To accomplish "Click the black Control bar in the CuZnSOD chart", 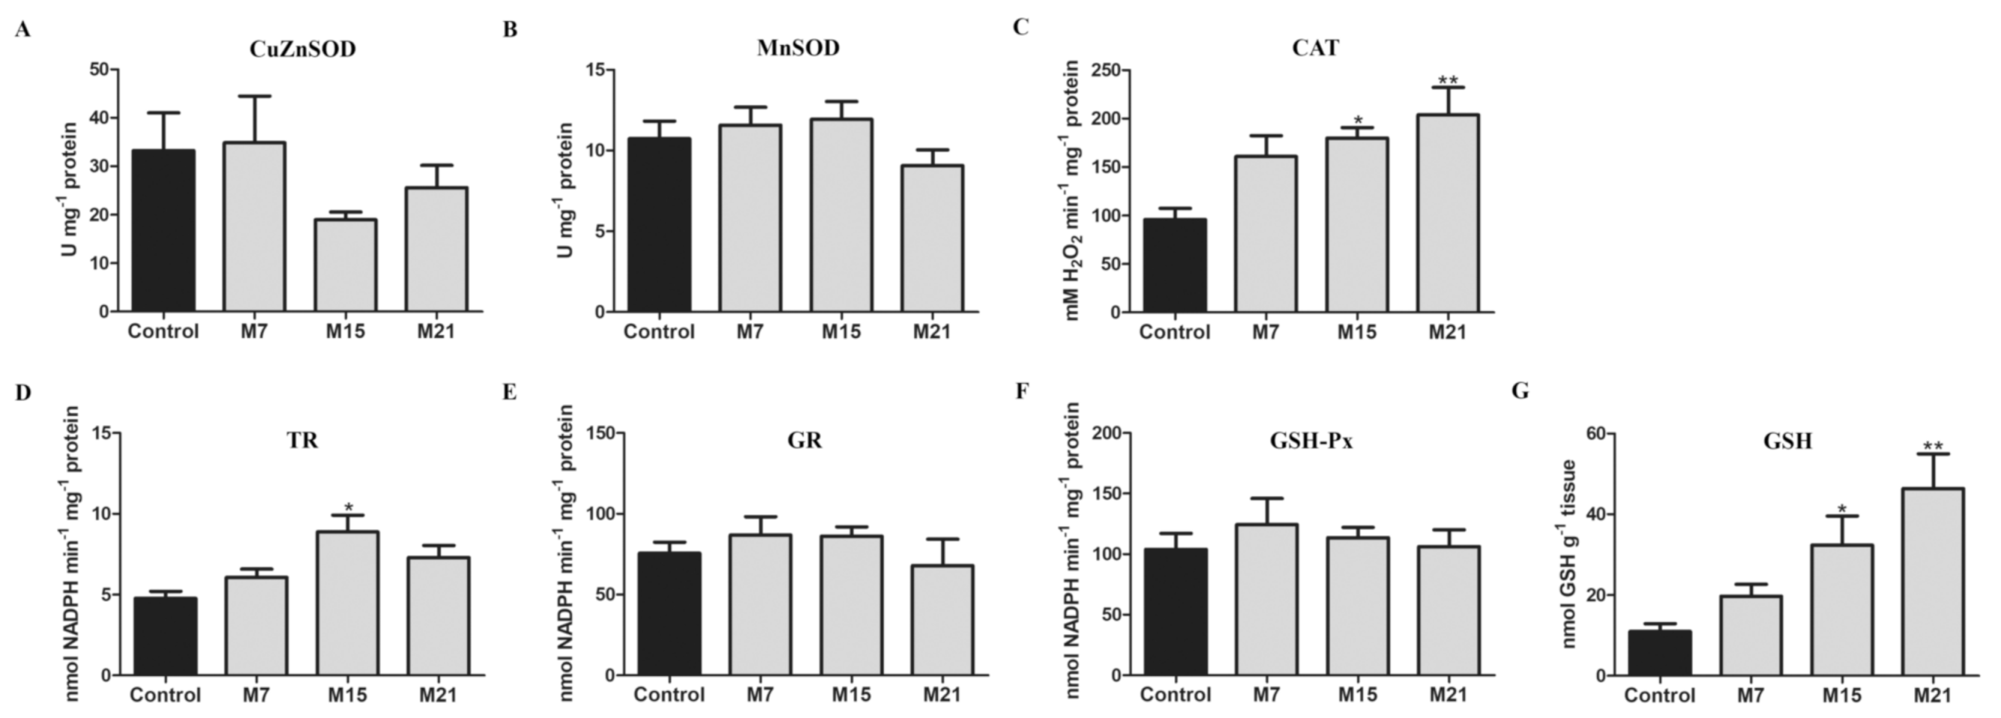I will point(163,231).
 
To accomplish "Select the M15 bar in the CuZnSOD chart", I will point(345,266).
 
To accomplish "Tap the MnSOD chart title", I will point(798,48).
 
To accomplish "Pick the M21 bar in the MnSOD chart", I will point(932,239).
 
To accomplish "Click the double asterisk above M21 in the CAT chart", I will point(1447,80).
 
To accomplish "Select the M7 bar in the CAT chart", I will point(1266,233).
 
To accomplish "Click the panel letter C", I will point(1020,28).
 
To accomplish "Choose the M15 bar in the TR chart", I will point(347,603).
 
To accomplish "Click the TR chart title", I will point(302,440).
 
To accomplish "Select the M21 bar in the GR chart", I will point(942,620).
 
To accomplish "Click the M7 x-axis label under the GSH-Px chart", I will point(1266,694).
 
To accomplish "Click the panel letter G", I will point(1520,390).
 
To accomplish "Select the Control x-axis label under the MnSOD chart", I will point(659,331).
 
